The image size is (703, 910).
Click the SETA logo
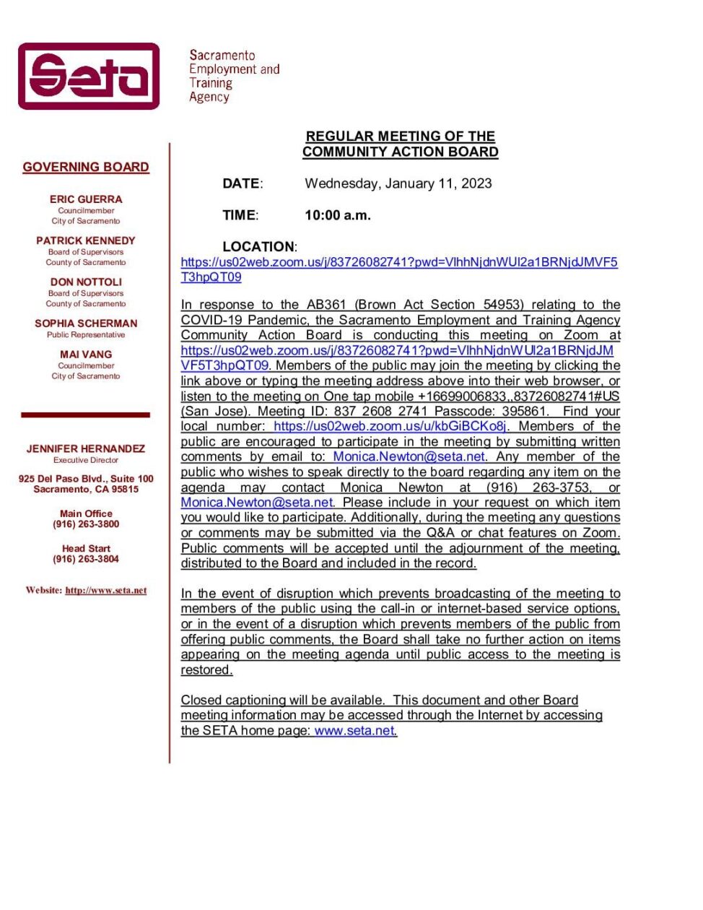pos(89,76)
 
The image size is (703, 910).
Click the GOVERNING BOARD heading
pos(86,168)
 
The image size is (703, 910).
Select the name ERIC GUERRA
pos(86,199)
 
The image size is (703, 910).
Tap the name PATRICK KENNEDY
pos(86,240)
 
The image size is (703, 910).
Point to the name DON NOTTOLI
pos(86,282)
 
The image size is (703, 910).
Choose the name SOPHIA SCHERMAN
pos(86,324)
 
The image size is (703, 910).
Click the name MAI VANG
pos(86,355)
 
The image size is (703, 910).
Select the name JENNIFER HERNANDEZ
pos(86,448)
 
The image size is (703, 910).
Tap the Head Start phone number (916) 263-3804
pos(86,559)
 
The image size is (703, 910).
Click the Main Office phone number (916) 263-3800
pos(86,524)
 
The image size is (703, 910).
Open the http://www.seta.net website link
pos(105,590)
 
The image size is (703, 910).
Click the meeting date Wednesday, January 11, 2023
pos(398,183)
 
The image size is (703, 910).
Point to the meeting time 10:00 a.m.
pos(337,215)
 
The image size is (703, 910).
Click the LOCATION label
pos(258,246)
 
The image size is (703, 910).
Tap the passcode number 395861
pos(524,411)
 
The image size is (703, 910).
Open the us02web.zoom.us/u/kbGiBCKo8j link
pos(390,426)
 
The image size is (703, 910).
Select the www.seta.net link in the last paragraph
pos(355,731)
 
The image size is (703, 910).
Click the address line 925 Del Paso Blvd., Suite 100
pos(86,479)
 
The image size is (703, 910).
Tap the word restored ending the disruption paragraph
pos(206,670)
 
